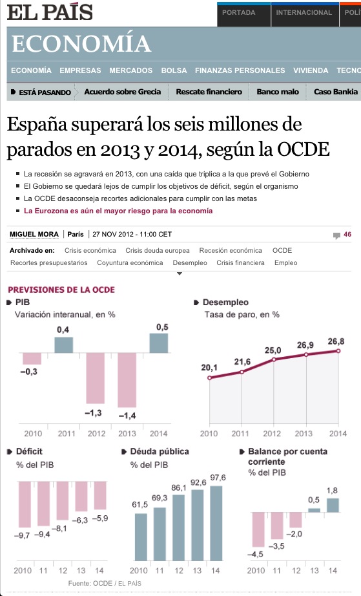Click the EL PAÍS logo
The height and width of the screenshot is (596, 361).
50,12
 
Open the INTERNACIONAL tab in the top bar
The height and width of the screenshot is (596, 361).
304,12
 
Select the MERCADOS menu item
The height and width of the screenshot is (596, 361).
130,70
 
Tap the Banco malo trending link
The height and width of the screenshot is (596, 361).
278,92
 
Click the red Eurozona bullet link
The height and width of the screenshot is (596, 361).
118,211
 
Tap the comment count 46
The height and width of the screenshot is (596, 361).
347,235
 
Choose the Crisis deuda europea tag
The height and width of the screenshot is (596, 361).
158,250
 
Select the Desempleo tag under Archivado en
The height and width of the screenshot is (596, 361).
190,262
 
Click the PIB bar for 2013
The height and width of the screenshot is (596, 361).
127,379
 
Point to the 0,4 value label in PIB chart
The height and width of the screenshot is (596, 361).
63,330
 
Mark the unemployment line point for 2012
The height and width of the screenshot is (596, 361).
274,359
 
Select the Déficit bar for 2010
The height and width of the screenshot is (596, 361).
24,504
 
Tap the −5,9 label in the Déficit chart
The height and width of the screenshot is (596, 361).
100,518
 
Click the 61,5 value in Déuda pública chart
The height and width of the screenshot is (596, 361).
139,504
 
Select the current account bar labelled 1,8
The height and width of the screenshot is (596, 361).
332,505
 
